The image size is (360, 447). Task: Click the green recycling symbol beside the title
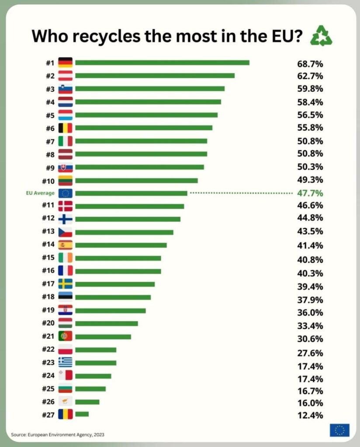(321, 36)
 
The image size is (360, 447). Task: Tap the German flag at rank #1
(65, 62)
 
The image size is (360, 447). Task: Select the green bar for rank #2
(155, 76)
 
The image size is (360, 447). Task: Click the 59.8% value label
(310, 89)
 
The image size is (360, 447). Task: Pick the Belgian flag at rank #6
(65, 128)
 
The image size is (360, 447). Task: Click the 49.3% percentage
(310, 180)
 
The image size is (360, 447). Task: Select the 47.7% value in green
(310, 193)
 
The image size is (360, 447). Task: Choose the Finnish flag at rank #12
(65, 219)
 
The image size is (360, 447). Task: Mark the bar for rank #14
(121, 245)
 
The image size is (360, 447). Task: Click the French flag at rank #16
(65, 271)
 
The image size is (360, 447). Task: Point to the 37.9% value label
(310, 300)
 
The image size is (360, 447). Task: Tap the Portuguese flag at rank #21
(65, 336)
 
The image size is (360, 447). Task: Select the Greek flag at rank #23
(65, 362)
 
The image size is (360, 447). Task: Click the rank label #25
(48, 389)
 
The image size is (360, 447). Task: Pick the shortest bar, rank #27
(82, 414)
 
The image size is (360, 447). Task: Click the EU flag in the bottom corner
(339, 430)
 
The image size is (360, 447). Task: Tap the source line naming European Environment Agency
(58, 435)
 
